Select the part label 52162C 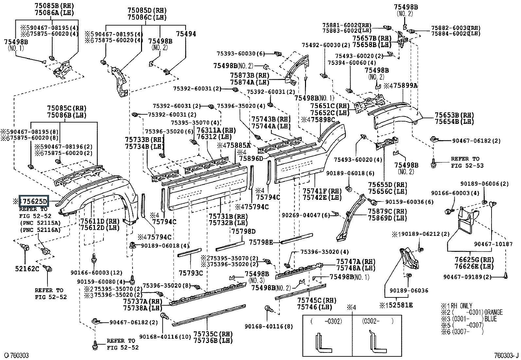coord(27,269)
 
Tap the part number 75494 coord(186,34)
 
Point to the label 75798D coord(243,231)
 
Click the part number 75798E coord(261,242)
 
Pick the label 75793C coord(191,273)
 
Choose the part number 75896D coord(251,159)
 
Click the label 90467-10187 coord(489,244)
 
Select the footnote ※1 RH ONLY coord(456,306)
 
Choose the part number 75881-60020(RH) coord(347,25)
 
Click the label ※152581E coord(396,305)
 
